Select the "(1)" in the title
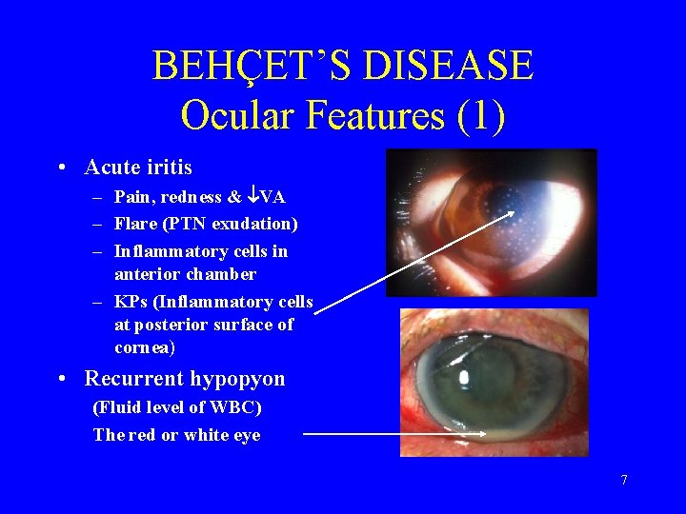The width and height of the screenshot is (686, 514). [x=481, y=115]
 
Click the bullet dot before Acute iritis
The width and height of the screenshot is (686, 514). [x=61, y=168]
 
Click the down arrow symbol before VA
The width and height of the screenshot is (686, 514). [x=252, y=198]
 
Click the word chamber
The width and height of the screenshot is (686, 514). [x=221, y=274]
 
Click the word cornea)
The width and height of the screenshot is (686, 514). [x=145, y=347]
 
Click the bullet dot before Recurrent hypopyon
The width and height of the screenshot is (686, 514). [x=61, y=379]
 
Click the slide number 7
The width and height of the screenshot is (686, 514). [x=624, y=480]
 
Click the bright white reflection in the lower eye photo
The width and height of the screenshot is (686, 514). [x=464, y=377]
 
